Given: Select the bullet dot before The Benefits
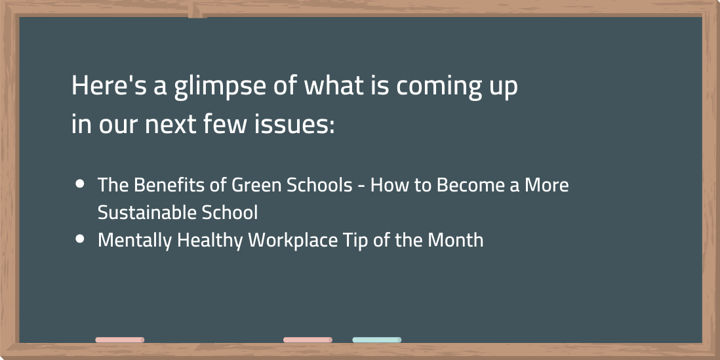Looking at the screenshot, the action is click(x=80, y=184).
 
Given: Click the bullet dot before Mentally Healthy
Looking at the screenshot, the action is click(x=80, y=239).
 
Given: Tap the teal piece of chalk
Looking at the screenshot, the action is click(x=377, y=340).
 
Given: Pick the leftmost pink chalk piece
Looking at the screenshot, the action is click(x=120, y=340).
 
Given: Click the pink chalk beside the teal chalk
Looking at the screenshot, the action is click(x=308, y=340).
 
